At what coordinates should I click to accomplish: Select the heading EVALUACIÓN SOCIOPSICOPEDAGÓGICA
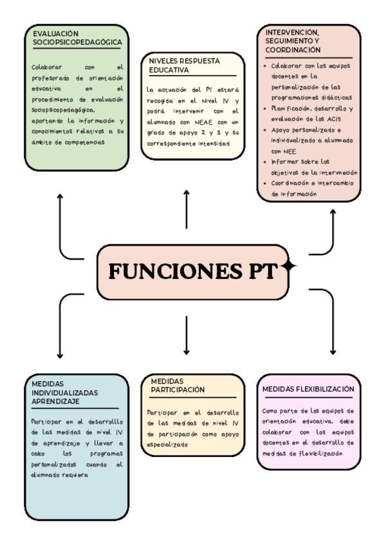coord(77,37)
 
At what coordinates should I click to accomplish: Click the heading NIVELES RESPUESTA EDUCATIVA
coord(184,65)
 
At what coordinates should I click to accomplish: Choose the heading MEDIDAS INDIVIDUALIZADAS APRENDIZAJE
coord(64,392)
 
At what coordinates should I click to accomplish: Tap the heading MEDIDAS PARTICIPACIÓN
coord(177,385)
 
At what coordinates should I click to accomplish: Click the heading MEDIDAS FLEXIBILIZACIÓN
coord(308,389)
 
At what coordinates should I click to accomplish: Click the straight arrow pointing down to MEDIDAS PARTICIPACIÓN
coord(187,334)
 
